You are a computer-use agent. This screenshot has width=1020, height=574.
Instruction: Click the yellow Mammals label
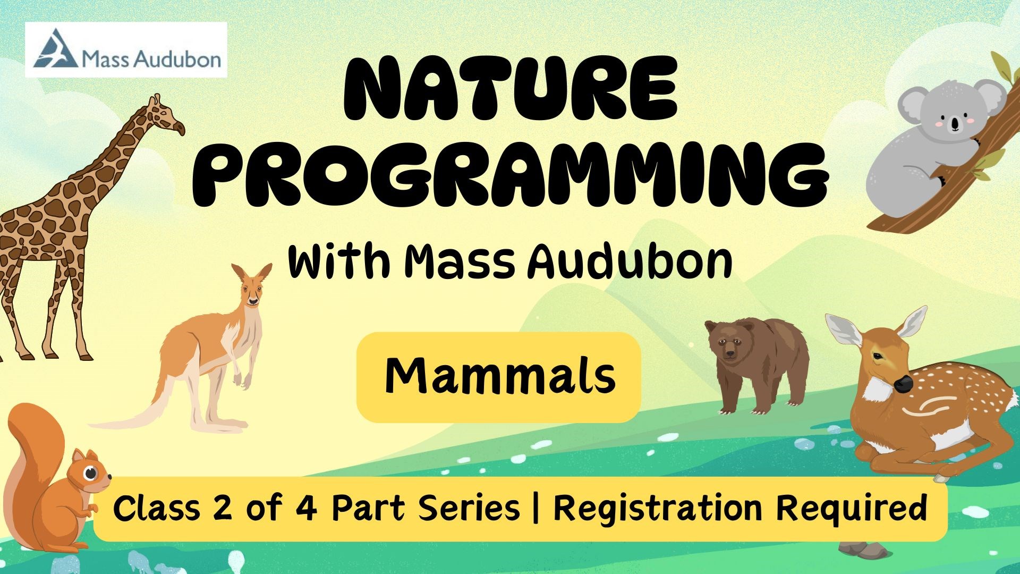499,377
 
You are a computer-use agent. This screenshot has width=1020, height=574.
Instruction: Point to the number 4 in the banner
306,508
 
